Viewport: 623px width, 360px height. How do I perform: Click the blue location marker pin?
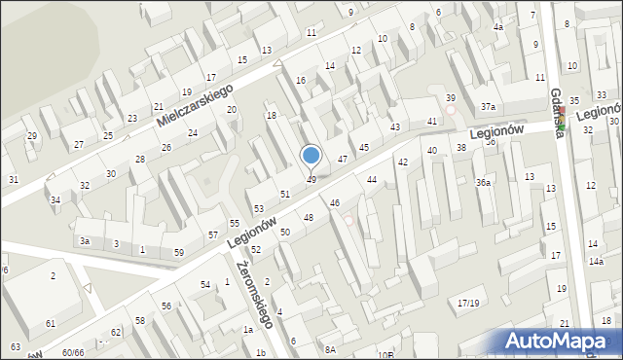pyautogui.click(x=311, y=156)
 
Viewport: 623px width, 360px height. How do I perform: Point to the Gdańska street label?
pyautogui.click(x=558, y=113)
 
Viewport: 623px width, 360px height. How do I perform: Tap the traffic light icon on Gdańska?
pyautogui.click(x=561, y=125)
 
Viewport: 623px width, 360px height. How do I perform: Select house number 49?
pyautogui.click(x=311, y=180)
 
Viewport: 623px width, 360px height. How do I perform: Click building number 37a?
pyautogui.click(x=489, y=107)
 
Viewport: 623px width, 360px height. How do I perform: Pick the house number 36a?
pyautogui.click(x=483, y=182)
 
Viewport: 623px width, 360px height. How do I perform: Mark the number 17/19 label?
pyautogui.click(x=468, y=304)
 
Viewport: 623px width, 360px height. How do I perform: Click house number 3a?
pyautogui.click(x=85, y=240)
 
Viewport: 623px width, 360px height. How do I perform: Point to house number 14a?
pyautogui.click(x=596, y=261)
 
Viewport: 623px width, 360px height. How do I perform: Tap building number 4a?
pyautogui.click(x=498, y=27)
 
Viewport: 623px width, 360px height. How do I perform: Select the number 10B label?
pyautogui.click(x=385, y=354)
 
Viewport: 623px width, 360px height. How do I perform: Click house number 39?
pyautogui.click(x=451, y=98)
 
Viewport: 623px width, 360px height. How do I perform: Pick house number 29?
pyautogui.click(x=32, y=135)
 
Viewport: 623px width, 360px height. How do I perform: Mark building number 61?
pyautogui.click(x=51, y=322)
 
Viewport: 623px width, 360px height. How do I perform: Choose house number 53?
pyautogui.click(x=259, y=209)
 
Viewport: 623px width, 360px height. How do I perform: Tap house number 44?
pyautogui.click(x=372, y=180)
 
